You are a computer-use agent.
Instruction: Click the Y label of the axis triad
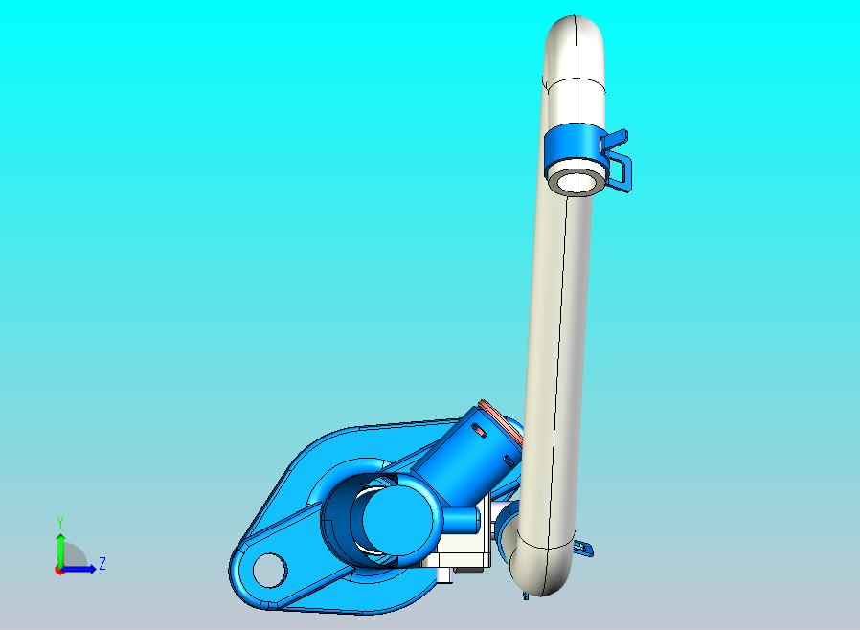click(x=60, y=522)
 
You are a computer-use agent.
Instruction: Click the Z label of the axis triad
click(x=102, y=563)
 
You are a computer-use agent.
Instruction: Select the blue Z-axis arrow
click(x=82, y=569)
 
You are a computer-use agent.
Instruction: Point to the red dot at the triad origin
click(x=59, y=570)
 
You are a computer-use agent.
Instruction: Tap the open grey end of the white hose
click(x=577, y=180)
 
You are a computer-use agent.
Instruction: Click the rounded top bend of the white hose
click(x=576, y=43)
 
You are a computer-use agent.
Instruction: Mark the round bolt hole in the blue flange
click(x=270, y=570)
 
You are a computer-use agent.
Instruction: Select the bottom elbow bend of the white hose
click(x=536, y=570)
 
